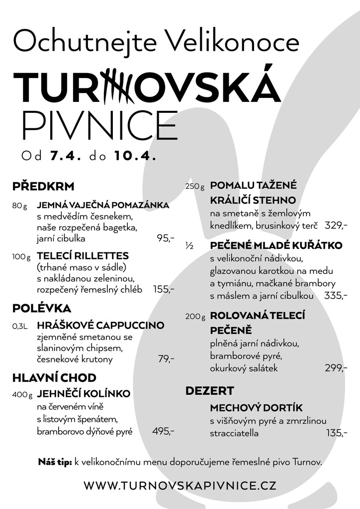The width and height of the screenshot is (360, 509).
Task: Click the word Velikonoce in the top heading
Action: (234, 42)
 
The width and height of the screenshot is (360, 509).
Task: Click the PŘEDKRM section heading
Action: (43, 187)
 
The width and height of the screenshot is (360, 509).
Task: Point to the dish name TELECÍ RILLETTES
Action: (83, 256)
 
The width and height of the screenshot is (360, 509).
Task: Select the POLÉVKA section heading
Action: (42, 308)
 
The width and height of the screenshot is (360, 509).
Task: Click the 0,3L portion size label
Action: (20, 327)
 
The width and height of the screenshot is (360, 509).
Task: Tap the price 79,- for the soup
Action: (166, 359)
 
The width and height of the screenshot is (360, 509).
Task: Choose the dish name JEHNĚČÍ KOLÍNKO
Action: (84, 394)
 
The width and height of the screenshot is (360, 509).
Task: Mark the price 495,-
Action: (163, 431)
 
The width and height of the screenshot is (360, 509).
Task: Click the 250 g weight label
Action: (195, 187)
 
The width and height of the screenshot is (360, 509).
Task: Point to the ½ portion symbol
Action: (189, 246)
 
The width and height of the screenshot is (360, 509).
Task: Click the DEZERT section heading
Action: (210, 391)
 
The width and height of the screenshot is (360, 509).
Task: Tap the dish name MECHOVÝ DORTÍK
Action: (256, 408)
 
